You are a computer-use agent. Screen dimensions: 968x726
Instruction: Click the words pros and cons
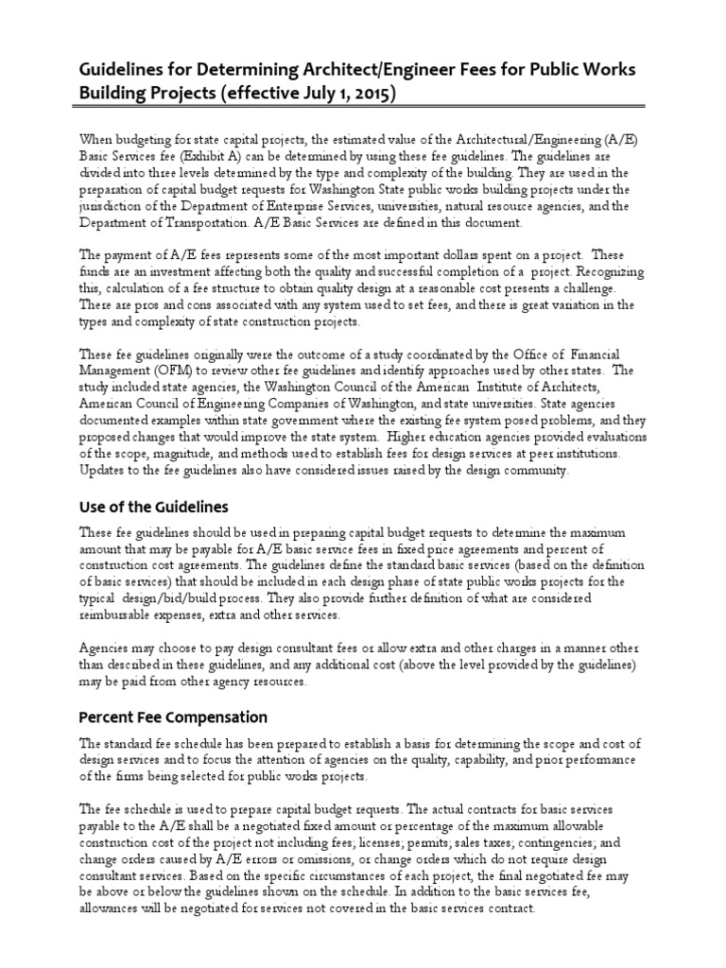(163, 305)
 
